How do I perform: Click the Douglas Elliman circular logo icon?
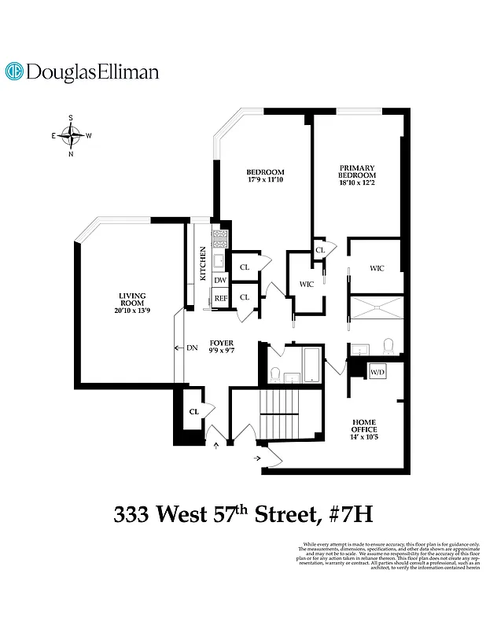point(13,72)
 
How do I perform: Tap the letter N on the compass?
point(72,154)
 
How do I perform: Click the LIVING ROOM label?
point(132,300)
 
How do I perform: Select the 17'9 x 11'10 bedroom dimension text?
point(264,182)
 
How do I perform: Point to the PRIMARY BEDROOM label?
point(356,171)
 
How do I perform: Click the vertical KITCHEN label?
point(203,264)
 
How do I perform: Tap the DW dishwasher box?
point(220,280)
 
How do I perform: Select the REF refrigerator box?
point(221,298)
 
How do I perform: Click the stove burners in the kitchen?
point(220,237)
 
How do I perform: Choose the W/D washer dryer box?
point(377,371)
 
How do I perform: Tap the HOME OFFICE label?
point(365,425)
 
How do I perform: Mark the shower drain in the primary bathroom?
point(376,309)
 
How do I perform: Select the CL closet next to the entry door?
point(193,411)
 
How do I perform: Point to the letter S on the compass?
point(71,118)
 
